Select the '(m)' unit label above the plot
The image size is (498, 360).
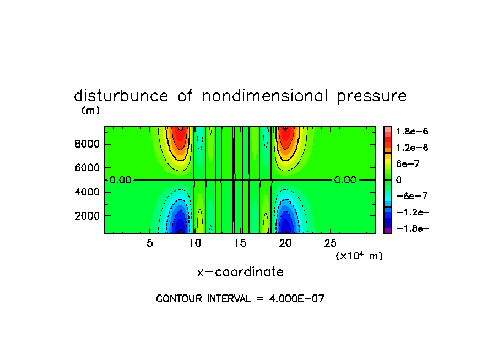click(x=90, y=111)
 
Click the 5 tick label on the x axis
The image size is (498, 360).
click(x=150, y=243)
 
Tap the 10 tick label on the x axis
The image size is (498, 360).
click(x=195, y=243)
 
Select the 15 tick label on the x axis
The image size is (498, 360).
click(x=240, y=243)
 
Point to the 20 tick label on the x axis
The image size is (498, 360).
click(x=285, y=243)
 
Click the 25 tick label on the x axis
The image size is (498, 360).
click(x=330, y=243)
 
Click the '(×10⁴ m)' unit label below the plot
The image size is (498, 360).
click(x=359, y=256)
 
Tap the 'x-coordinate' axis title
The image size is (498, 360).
click(x=240, y=272)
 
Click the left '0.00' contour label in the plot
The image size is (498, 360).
click(x=120, y=180)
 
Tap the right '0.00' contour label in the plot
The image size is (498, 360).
click(x=345, y=180)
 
